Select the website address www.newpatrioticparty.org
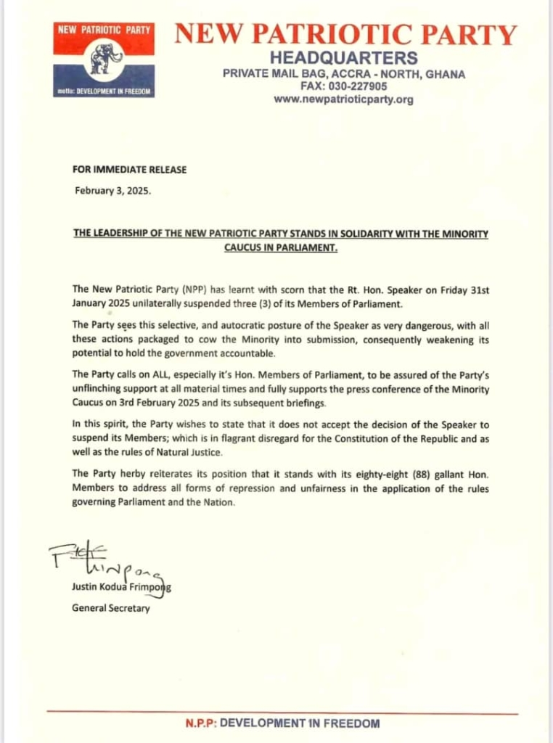click(343, 99)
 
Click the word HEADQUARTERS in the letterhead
click(343, 57)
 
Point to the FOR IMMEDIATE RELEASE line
click(129, 170)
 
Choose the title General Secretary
click(110, 608)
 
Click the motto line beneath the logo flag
click(104, 92)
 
